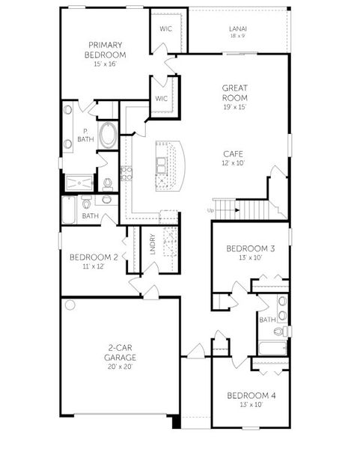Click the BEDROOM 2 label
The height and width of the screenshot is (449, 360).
click(90, 257)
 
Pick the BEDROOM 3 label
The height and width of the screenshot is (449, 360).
click(246, 248)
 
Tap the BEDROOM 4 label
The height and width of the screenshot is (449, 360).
click(246, 394)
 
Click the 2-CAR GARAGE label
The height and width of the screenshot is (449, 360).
click(120, 352)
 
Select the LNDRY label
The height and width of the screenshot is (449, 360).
click(152, 245)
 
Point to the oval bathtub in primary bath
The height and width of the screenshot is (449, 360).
click(109, 136)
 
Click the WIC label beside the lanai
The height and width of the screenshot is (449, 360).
click(166, 28)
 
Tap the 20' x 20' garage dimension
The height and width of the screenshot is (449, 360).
click(120, 367)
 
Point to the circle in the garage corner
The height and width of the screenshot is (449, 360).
click(70, 305)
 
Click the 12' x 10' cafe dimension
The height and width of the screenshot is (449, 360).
click(234, 162)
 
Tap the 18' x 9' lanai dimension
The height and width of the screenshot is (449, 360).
click(237, 36)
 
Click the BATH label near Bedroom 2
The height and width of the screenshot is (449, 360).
click(90, 216)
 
